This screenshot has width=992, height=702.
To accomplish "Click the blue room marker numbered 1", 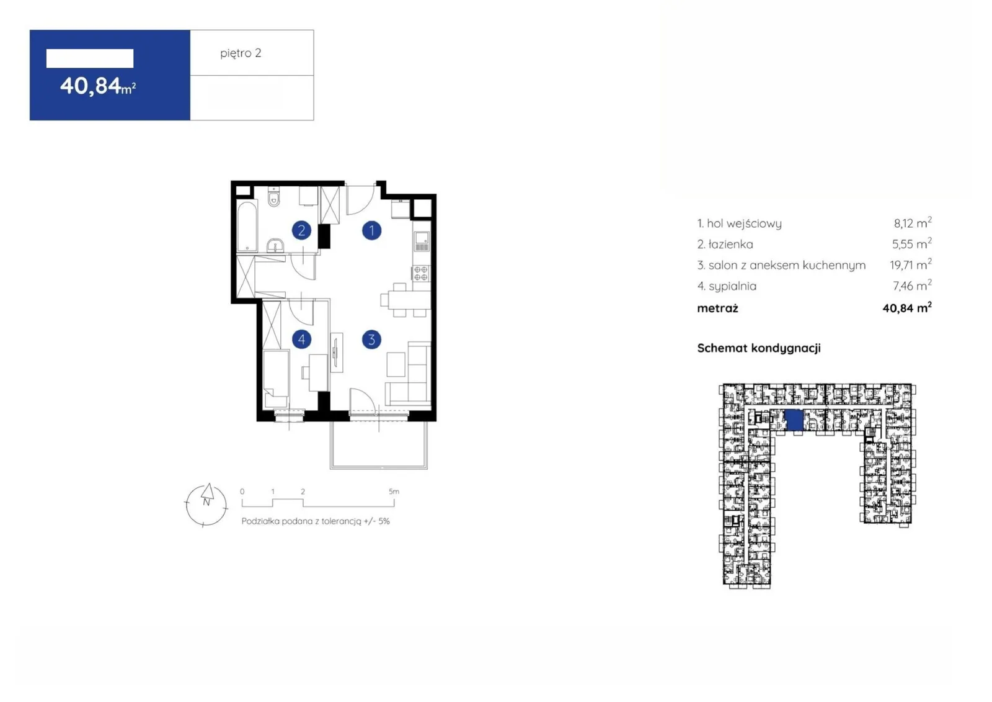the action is pyautogui.click(x=371, y=231).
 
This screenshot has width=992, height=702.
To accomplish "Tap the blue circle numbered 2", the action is pyautogui.click(x=301, y=231).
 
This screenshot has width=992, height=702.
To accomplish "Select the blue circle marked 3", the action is pyautogui.click(x=371, y=340).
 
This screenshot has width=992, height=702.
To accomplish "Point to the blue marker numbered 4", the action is pyautogui.click(x=301, y=340).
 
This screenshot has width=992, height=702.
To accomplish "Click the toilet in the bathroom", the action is pyautogui.click(x=274, y=197).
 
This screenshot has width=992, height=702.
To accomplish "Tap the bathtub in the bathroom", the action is pyautogui.click(x=247, y=226).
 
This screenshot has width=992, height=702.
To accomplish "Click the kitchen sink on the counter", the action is pyautogui.click(x=422, y=241).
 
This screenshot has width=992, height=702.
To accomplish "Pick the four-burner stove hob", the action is pyautogui.click(x=421, y=273).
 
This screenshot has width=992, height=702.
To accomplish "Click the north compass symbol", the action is pyautogui.click(x=206, y=505).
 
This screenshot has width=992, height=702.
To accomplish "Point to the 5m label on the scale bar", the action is pyautogui.click(x=394, y=492).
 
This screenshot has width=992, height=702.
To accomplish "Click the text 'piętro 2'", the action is pyautogui.click(x=241, y=53).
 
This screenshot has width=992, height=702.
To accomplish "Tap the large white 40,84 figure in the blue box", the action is pyautogui.click(x=91, y=86).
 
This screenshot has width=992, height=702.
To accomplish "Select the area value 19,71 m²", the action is pyautogui.click(x=911, y=264).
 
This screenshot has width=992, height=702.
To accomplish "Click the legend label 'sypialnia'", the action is pyautogui.click(x=732, y=286).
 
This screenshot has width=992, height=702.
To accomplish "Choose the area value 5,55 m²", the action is pyautogui.click(x=912, y=243).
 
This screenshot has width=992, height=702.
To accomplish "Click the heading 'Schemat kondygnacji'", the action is pyautogui.click(x=759, y=348).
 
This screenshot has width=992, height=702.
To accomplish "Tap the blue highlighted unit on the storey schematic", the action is pyautogui.click(x=794, y=420).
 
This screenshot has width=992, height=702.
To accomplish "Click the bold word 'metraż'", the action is pyautogui.click(x=717, y=308).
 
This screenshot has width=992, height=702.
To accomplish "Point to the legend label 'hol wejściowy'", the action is pyautogui.click(x=744, y=223).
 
